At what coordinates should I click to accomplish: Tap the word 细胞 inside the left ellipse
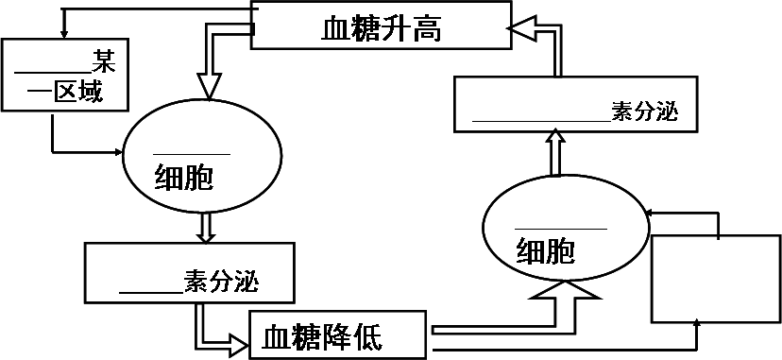tap(183, 178)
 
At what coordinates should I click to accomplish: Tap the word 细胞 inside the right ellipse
tap(545, 251)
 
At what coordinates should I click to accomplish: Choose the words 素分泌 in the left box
tap(221, 282)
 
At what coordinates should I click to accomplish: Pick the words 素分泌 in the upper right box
tap(644, 112)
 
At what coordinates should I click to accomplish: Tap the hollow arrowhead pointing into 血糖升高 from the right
tap(521, 29)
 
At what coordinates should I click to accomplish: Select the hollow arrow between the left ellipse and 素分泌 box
tap(206, 227)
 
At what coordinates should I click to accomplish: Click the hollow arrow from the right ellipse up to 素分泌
tap(555, 151)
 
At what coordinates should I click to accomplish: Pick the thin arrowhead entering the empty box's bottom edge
tap(697, 322)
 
